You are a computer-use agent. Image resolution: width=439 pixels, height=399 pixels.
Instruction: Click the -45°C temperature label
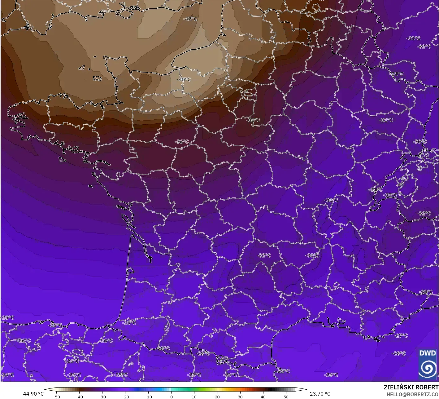184,79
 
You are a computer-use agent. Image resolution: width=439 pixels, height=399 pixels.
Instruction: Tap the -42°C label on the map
190,19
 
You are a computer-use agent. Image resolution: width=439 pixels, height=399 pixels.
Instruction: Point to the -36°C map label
181,142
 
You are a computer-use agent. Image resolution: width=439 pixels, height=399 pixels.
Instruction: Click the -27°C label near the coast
401,335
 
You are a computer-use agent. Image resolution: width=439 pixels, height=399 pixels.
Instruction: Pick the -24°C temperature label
7,375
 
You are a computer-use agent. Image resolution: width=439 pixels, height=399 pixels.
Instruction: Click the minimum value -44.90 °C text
32,394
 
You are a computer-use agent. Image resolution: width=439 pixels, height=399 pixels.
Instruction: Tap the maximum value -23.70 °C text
319,394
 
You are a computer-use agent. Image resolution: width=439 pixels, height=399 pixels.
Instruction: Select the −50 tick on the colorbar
56,397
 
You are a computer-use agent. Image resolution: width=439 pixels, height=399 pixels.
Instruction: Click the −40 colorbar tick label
79,397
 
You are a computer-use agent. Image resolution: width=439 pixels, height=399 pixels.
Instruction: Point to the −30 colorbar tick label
102,397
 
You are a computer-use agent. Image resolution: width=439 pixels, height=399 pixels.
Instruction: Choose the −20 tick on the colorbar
125,397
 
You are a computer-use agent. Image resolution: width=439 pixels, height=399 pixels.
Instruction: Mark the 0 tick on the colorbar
171,397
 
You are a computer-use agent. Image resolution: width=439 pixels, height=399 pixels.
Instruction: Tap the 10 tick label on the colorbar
194,397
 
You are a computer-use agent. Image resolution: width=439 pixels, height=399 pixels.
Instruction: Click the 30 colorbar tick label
240,397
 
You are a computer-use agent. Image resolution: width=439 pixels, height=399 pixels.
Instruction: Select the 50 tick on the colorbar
286,397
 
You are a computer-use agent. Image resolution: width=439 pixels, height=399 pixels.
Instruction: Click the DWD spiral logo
428,368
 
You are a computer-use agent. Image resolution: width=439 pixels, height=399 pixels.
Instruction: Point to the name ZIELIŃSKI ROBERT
411,388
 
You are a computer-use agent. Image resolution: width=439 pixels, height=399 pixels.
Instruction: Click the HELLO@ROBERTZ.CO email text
412,394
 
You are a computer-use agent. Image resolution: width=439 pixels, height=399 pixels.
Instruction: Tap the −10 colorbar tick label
148,397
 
